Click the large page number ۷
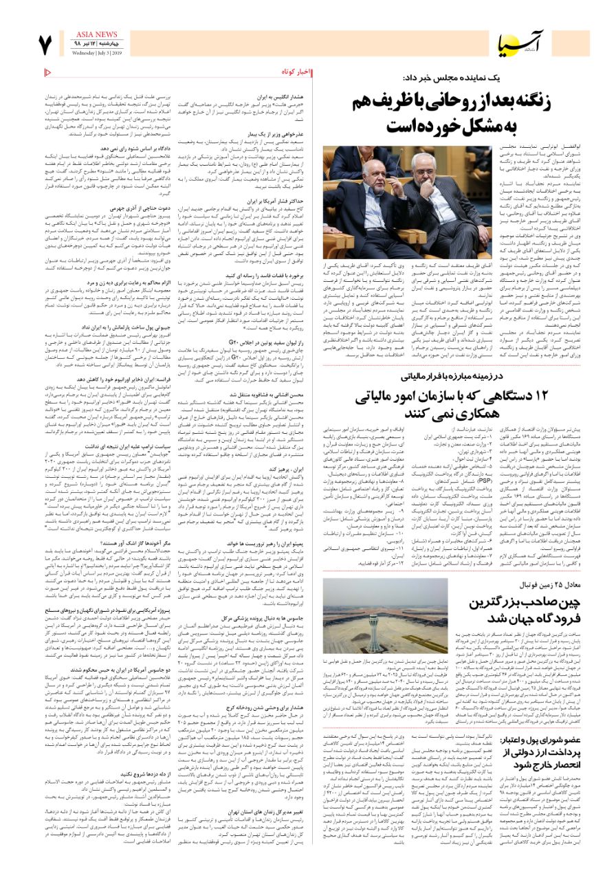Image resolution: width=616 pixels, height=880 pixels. [45, 44]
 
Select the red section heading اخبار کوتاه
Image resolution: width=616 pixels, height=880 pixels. [296, 71]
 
